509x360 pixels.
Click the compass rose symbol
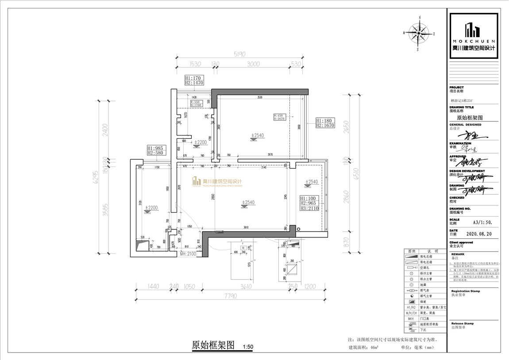(418, 33)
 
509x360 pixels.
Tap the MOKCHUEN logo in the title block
(474, 35)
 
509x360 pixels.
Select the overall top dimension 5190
(240, 54)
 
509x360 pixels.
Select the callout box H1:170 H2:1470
(194, 80)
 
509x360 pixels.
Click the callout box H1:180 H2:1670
(325, 123)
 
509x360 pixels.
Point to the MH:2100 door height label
(189, 254)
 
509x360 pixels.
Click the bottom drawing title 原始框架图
(213, 346)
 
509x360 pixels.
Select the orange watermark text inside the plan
(217, 182)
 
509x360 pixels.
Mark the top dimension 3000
(253, 64)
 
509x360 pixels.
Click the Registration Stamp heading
(465, 291)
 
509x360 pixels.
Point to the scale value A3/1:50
(482, 223)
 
